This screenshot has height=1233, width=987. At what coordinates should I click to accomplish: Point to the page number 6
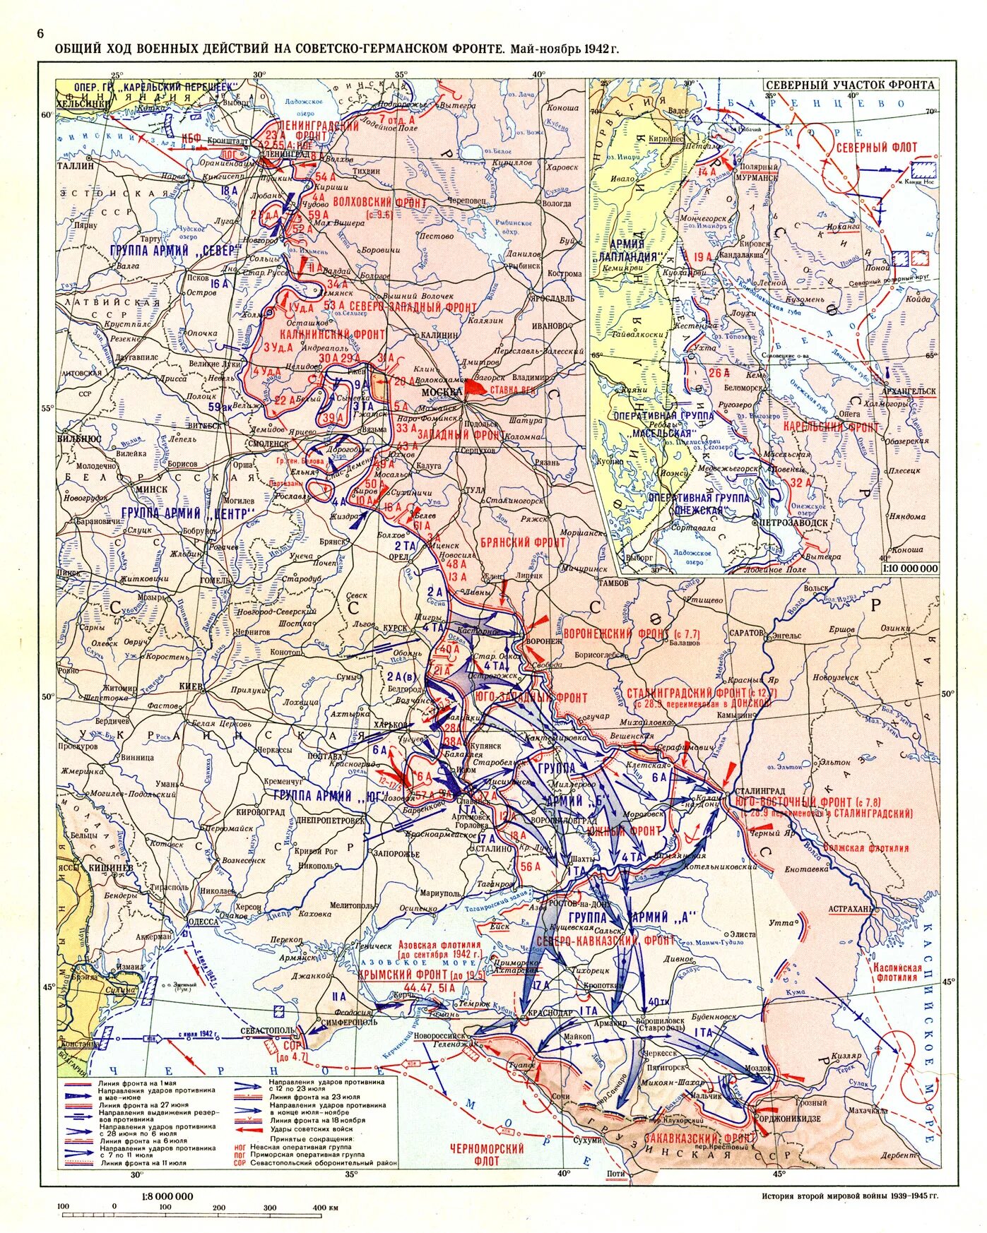pyautogui.click(x=40, y=34)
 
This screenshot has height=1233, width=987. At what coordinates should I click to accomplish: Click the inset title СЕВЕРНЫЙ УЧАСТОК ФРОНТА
pyautogui.click(x=850, y=85)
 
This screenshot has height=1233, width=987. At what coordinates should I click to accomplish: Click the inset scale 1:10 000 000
pyautogui.click(x=909, y=568)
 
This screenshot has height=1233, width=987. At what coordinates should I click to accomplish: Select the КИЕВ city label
pyautogui.click(x=191, y=686)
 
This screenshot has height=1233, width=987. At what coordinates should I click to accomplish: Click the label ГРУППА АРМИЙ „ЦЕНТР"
pyautogui.click(x=187, y=513)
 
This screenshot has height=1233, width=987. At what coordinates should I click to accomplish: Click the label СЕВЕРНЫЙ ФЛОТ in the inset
pyautogui.click(x=876, y=148)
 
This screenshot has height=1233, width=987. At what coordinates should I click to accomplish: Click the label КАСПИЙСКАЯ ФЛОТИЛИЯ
pyautogui.click(x=899, y=972)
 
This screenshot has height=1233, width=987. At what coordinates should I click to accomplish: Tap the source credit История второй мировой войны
pyautogui.click(x=850, y=1196)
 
